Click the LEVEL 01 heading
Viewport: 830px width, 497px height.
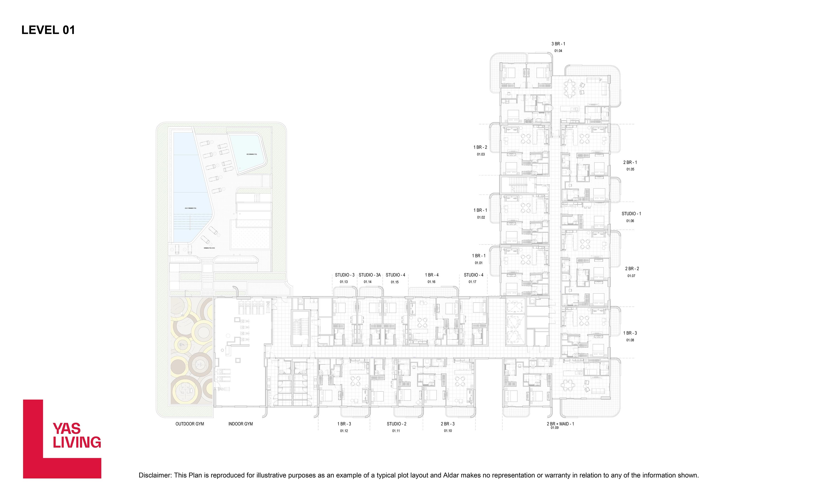(48, 30)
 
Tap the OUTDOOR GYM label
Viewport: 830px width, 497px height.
(189, 424)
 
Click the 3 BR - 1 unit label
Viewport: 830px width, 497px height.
(558, 44)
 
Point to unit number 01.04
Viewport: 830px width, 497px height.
(558, 51)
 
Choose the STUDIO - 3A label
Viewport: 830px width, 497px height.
(369, 275)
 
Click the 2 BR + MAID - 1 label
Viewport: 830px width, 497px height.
(560, 424)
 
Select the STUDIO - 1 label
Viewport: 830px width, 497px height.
(631, 214)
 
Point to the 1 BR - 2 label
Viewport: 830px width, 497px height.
(480, 147)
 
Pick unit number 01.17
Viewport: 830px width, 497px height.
(472, 282)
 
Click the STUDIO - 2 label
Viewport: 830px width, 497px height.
(396, 424)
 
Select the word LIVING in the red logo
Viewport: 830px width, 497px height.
(77, 442)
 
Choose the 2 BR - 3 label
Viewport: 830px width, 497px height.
(447, 424)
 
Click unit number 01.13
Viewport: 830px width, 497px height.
(344, 282)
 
